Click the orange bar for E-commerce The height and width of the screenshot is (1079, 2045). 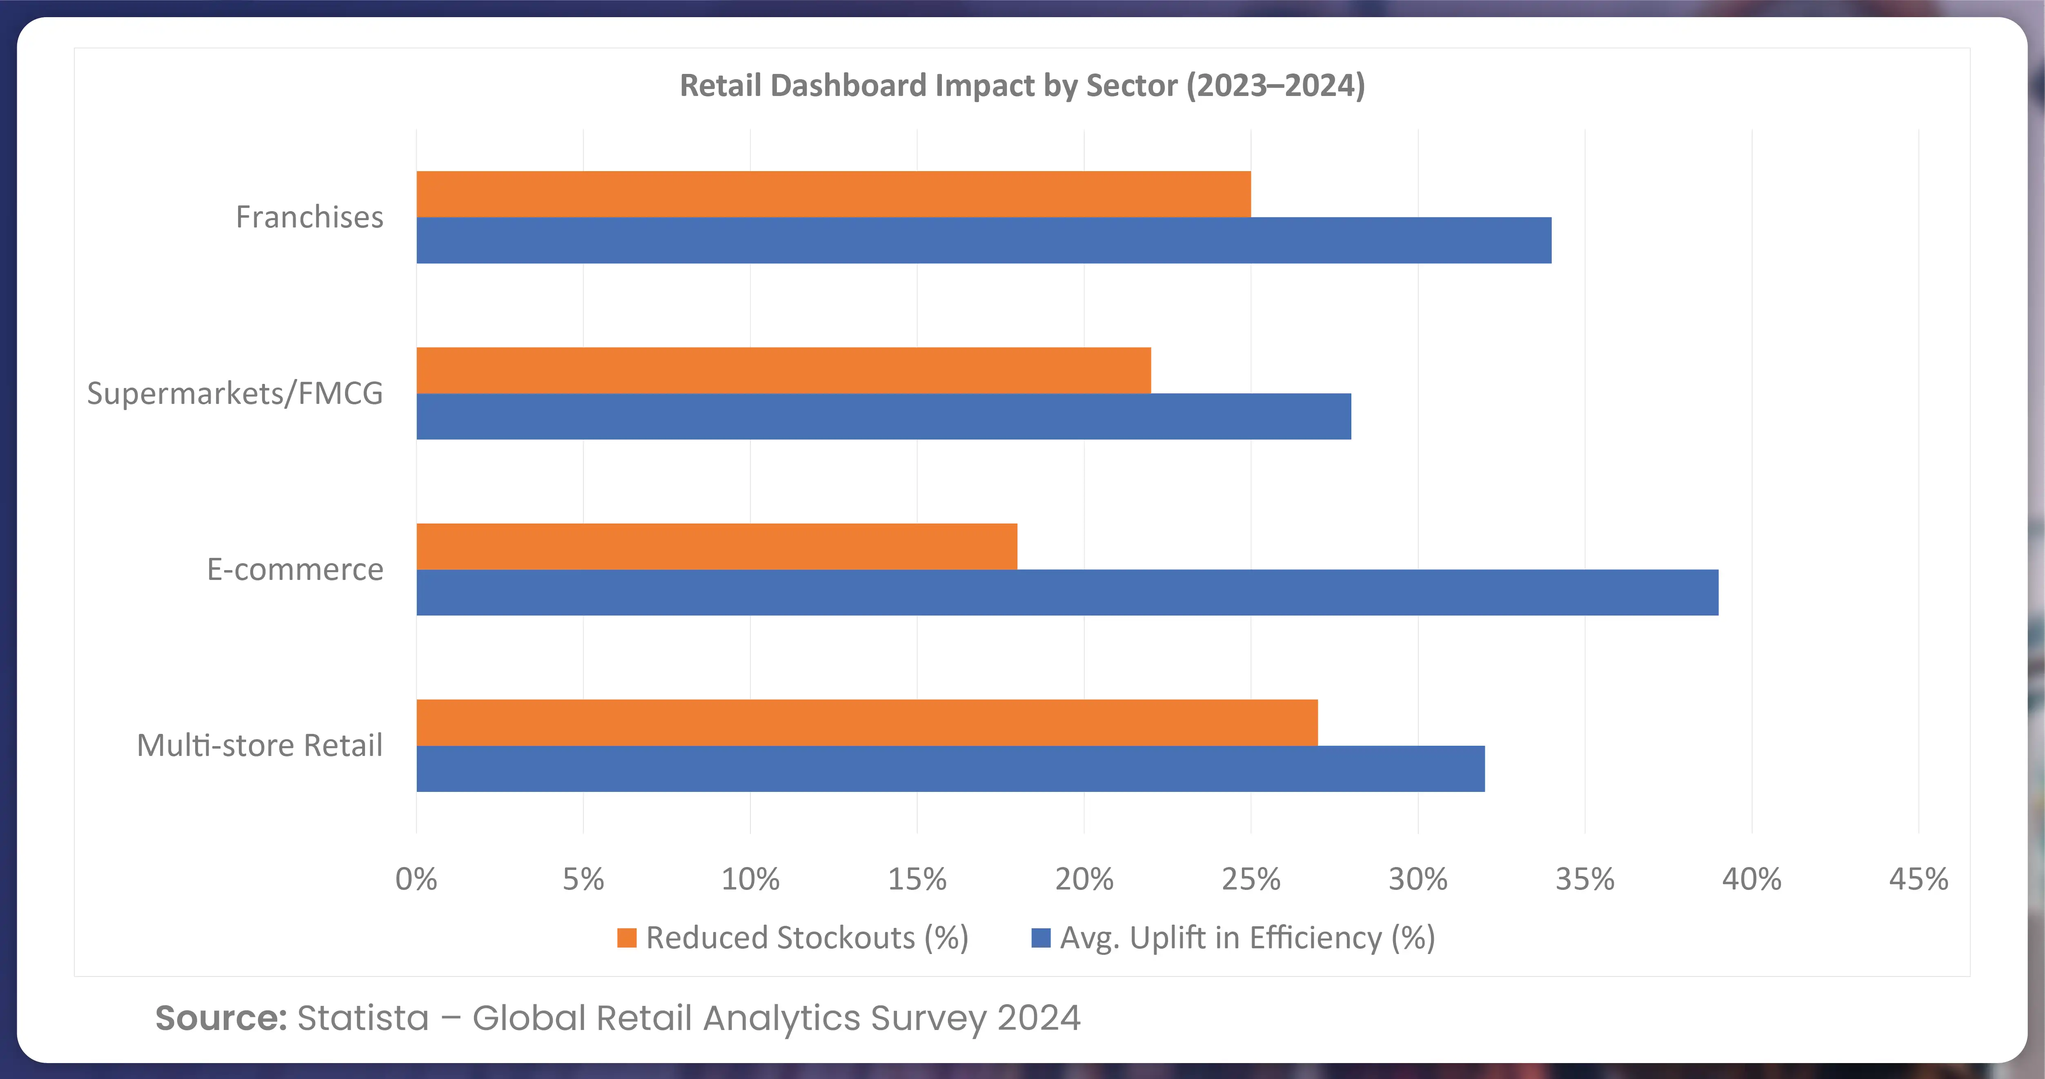(x=717, y=546)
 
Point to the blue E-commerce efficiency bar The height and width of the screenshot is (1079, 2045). (x=1067, y=592)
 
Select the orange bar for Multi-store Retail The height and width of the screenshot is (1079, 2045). (x=867, y=722)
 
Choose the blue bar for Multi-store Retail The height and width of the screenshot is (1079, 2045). (x=950, y=769)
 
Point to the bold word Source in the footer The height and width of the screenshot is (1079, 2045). (x=221, y=1018)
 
